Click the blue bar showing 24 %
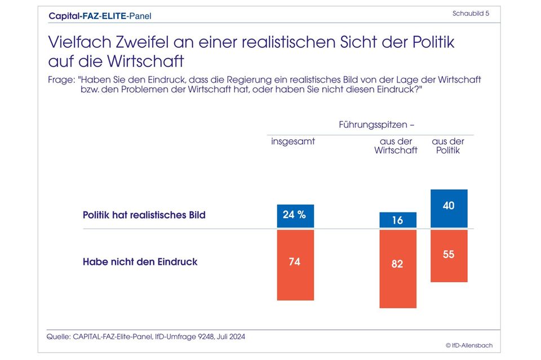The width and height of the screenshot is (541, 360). (295, 216)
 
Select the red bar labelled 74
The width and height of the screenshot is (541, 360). (295, 265)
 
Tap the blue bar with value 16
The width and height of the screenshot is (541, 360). (398, 220)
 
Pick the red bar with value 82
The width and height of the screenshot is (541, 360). (398, 269)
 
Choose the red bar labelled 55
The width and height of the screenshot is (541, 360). (449, 256)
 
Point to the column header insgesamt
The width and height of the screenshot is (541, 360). (293, 141)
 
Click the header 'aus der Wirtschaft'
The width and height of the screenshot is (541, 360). (396, 146)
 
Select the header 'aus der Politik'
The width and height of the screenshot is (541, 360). (448, 146)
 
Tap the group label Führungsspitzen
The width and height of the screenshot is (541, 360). (373, 124)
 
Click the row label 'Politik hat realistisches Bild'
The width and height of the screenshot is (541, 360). (144, 215)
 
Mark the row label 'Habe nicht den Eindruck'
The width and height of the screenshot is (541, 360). (140, 262)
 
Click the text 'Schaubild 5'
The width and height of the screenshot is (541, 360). (471, 14)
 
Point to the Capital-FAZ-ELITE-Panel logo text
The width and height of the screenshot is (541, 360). (100, 16)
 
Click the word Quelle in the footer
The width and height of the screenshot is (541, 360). (58, 336)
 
